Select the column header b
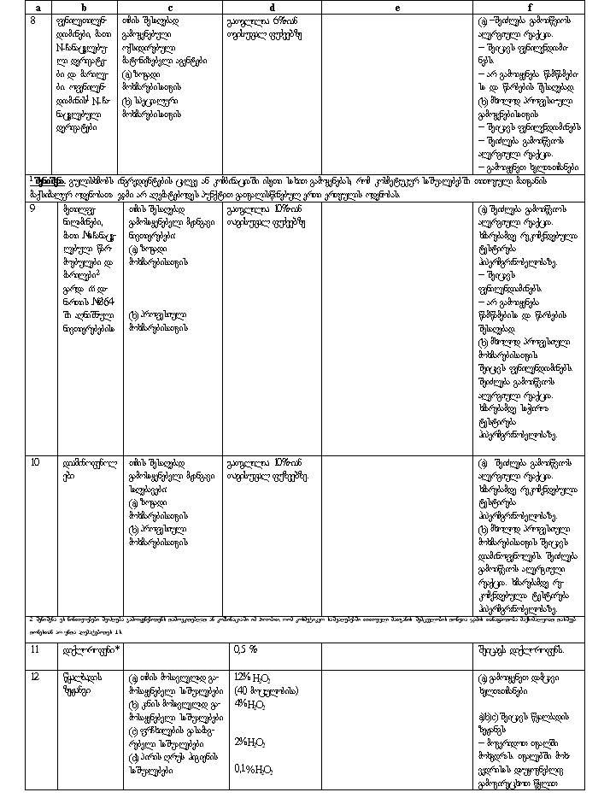click(x=85, y=8)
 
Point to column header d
click(x=271, y=8)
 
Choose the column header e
click(x=396, y=8)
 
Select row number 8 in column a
click(x=33, y=19)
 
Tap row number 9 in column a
click(x=33, y=208)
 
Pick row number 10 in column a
click(x=35, y=462)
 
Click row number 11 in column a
click(x=35, y=650)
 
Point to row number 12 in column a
click(x=35, y=678)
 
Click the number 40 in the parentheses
click(x=241, y=690)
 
